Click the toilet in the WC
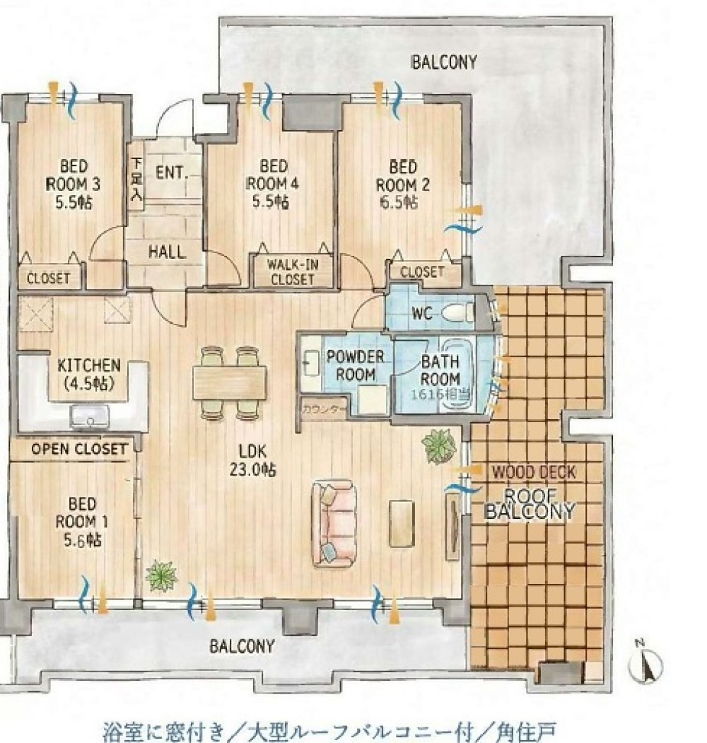457,313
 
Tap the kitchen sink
90,417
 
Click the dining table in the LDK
229,383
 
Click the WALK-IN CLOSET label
293,272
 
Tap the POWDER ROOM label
355,365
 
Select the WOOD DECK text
534,472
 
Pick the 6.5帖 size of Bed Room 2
399,202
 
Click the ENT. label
172,172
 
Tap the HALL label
167,251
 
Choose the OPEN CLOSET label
79,449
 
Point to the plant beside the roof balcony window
438,445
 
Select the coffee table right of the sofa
402,523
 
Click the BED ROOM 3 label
74,185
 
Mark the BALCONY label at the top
443,62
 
